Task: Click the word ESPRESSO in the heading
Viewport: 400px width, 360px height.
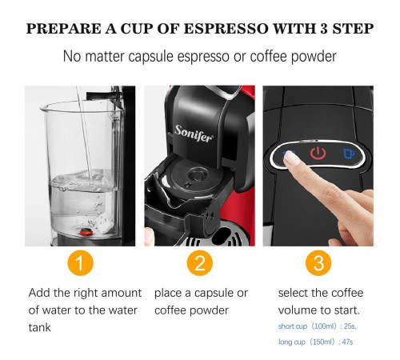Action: click(226, 29)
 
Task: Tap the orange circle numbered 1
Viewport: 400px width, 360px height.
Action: click(81, 263)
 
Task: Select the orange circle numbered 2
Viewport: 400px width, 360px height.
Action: click(200, 263)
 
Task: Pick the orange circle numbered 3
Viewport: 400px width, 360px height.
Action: click(318, 263)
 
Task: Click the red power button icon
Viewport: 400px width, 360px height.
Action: click(318, 153)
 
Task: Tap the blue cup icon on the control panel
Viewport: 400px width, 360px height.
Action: click(349, 154)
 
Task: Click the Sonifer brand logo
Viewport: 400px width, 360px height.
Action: click(194, 134)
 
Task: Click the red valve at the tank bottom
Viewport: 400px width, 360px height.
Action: click(86, 232)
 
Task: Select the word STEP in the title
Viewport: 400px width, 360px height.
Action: click(353, 29)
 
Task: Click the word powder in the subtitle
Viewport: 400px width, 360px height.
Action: click(314, 57)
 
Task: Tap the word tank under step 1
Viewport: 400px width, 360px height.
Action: click(39, 327)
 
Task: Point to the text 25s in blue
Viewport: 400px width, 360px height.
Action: click(350, 326)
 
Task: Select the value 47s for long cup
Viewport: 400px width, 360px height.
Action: click(347, 342)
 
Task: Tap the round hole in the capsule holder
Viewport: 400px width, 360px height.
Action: click(197, 175)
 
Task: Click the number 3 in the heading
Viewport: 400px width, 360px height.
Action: click(324, 29)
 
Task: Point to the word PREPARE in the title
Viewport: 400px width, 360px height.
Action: click(63, 29)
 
